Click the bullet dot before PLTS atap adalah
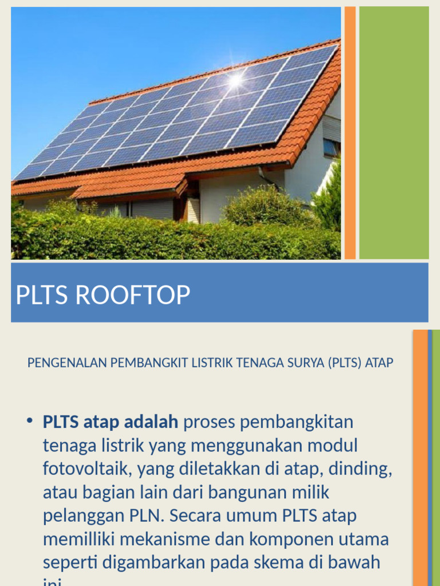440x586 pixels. pyautogui.click(x=29, y=422)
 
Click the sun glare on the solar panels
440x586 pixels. pyautogui.click(x=235, y=80)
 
